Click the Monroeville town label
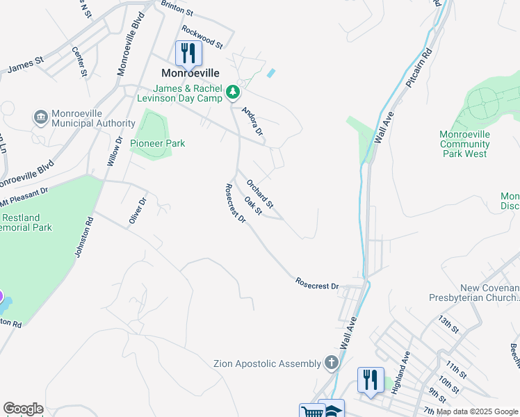coord(190,72)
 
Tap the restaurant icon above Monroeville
coord(188,52)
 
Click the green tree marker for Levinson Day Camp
coord(235,92)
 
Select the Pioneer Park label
coord(158,143)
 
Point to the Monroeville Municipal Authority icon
coord(40,116)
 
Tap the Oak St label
coord(252,206)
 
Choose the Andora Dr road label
coord(252,121)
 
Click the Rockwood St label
coord(202,37)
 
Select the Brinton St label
coord(177,8)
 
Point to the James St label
coord(25,65)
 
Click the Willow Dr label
coord(115,151)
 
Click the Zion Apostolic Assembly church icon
coord(332,363)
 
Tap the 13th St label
coord(449,324)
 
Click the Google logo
coord(23,409)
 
